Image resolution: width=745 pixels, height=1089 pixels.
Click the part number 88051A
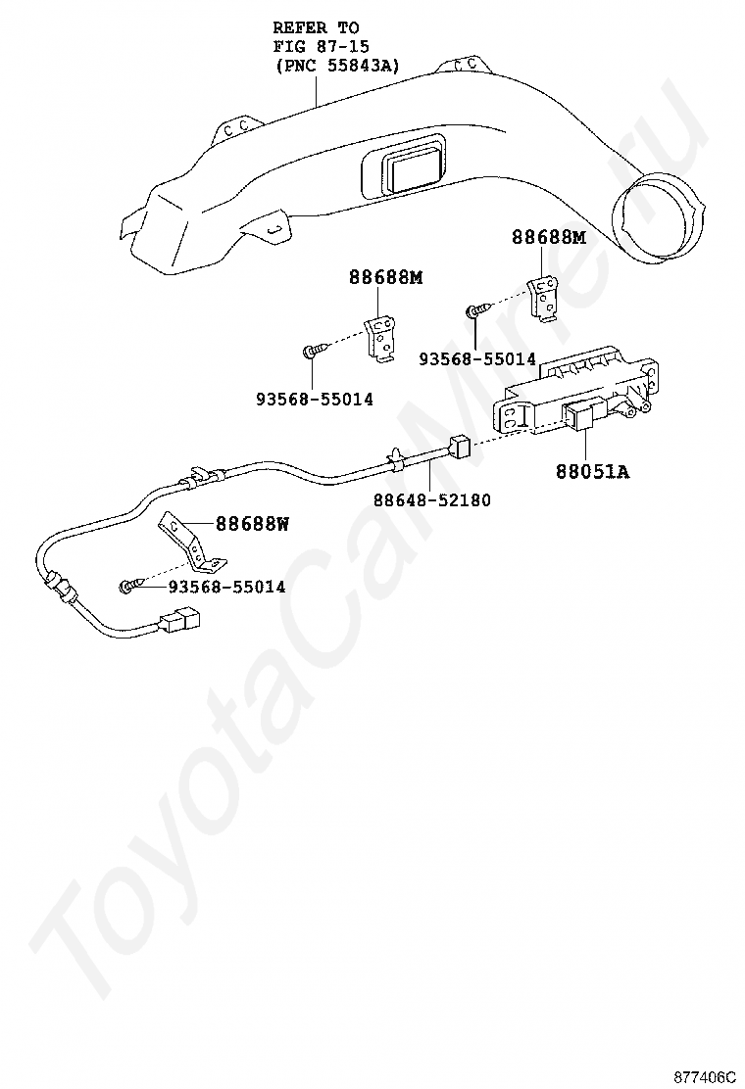click(x=592, y=472)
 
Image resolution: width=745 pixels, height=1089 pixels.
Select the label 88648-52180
click(x=431, y=500)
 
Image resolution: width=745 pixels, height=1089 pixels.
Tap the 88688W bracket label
click(x=252, y=524)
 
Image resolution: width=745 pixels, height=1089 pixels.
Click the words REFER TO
click(x=316, y=28)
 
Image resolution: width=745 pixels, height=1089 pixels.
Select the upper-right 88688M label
click(x=548, y=237)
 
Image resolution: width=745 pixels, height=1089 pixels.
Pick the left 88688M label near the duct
click(x=385, y=277)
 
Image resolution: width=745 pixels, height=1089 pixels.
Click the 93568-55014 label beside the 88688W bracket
click(x=226, y=587)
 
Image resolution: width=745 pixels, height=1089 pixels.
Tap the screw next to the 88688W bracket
click(x=130, y=586)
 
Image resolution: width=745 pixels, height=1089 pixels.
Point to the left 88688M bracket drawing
click(x=381, y=338)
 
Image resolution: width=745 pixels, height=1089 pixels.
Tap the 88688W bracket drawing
click(x=191, y=544)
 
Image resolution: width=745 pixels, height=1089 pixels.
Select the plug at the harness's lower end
click(x=177, y=621)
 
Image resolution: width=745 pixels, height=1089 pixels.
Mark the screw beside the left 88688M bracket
click(x=312, y=351)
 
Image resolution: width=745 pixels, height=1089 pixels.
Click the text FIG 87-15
click(x=321, y=47)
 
